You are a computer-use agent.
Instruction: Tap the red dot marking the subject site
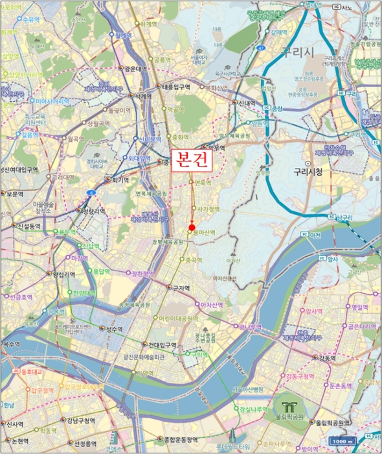tap(192, 227)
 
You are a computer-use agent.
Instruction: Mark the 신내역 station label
tap(245, 103)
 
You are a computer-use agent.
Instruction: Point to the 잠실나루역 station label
tap(254, 409)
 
